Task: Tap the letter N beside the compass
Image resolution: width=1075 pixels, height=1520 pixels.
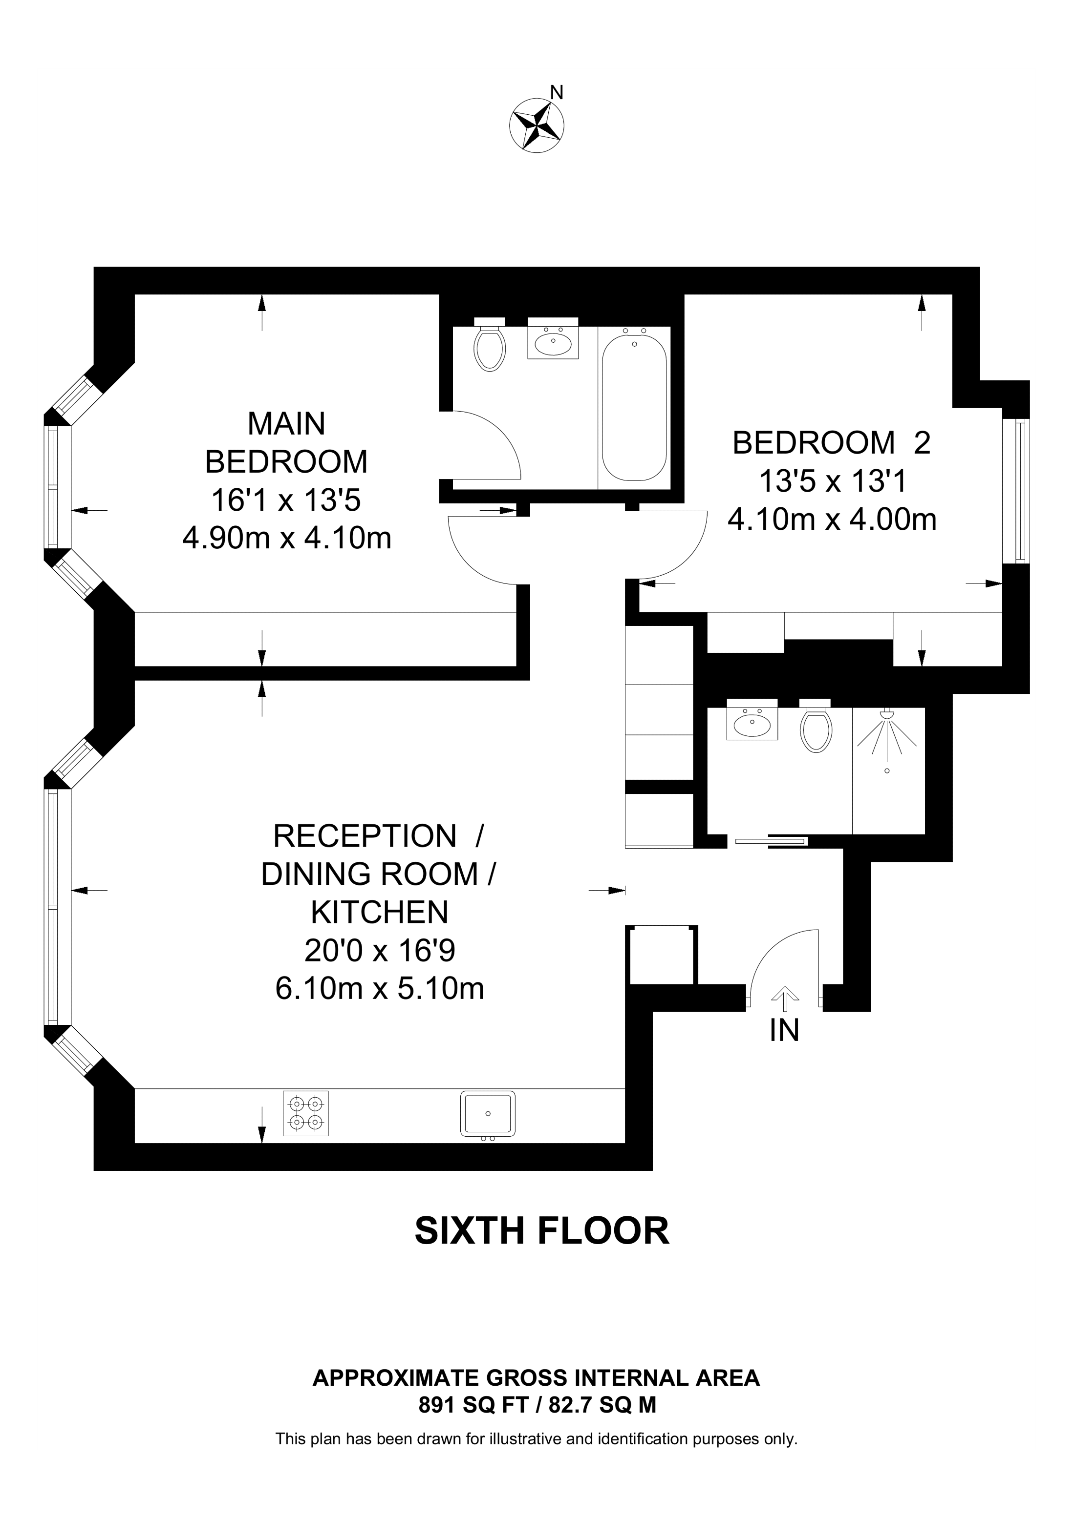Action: click(557, 93)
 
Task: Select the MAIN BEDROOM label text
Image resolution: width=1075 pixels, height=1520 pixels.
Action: click(286, 442)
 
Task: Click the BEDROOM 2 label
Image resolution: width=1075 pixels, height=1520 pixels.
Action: click(831, 443)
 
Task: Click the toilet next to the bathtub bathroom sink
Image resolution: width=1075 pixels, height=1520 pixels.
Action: click(490, 344)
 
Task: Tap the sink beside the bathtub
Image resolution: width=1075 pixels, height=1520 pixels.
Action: click(553, 339)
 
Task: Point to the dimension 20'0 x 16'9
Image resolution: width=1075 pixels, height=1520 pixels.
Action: click(380, 951)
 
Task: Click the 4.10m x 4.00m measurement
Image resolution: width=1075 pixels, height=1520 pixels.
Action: click(832, 520)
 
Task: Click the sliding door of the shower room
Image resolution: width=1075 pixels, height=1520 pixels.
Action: click(770, 841)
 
